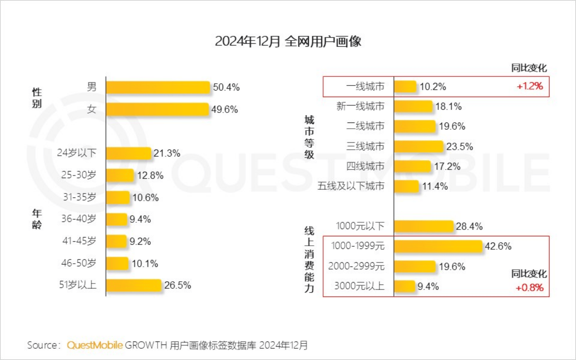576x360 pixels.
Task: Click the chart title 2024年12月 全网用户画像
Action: tap(288, 41)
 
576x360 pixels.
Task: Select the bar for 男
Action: tap(158, 87)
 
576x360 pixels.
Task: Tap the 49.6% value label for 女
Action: tap(225, 109)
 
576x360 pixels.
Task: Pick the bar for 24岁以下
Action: tap(129, 153)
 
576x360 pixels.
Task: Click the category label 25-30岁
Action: tap(79, 175)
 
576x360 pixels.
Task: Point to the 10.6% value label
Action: tap(145, 198)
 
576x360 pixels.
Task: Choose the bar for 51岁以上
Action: tap(134, 285)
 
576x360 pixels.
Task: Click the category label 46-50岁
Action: tap(79, 263)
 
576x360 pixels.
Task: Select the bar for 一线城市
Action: tap(405, 86)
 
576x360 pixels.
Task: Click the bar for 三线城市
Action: tap(418, 146)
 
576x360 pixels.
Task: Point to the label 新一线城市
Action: tap(360, 107)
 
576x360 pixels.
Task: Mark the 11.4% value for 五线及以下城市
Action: tap(435, 186)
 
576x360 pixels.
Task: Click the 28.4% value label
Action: tap(469, 226)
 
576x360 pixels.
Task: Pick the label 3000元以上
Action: tap(360, 286)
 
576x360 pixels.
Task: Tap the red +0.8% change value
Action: tap(530, 288)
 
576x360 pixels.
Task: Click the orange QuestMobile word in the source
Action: tap(94, 345)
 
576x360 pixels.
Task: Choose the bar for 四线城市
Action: tap(412, 166)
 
